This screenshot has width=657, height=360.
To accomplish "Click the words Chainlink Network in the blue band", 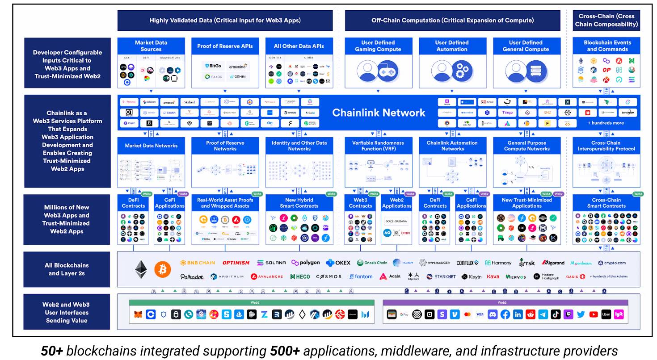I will pyautogui.click(x=379, y=113).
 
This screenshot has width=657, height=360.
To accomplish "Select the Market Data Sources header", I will pyautogui.click(x=151, y=46).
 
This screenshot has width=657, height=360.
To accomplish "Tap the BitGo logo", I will pyautogui.click(x=213, y=66).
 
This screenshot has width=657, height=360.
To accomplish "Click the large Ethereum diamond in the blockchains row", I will pyautogui.click(x=141, y=269).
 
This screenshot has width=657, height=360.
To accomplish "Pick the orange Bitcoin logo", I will pyautogui.click(x=163, y=269).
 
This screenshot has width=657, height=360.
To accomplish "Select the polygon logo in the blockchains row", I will pyautogui.click(x=306, y=263).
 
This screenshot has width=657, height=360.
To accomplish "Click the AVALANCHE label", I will pyautogui.click(x=267, y=276).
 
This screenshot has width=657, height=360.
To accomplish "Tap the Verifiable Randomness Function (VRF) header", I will pyautogui.click(x=379, y=146).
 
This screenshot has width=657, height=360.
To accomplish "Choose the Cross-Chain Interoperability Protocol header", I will pyautogui.click(x=606, y=146).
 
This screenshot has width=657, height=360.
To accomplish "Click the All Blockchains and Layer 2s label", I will pyautogui.click(x=67, y=269).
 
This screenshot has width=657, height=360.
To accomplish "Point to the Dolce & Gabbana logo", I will pyautogui.click(x=396, y=221).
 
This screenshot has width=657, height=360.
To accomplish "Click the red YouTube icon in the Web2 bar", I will pyautogui.click(x=594, y=314).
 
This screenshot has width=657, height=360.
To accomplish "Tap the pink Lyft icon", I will pyautogui.click(x=619, y=314).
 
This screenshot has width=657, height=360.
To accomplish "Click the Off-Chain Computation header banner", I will pyautogui.click(x=452, y=21).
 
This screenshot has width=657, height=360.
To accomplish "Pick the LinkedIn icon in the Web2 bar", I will pyautogui.click(x=518, y=314).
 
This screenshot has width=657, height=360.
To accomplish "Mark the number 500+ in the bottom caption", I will pyautogui.click(x=285, y=351).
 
